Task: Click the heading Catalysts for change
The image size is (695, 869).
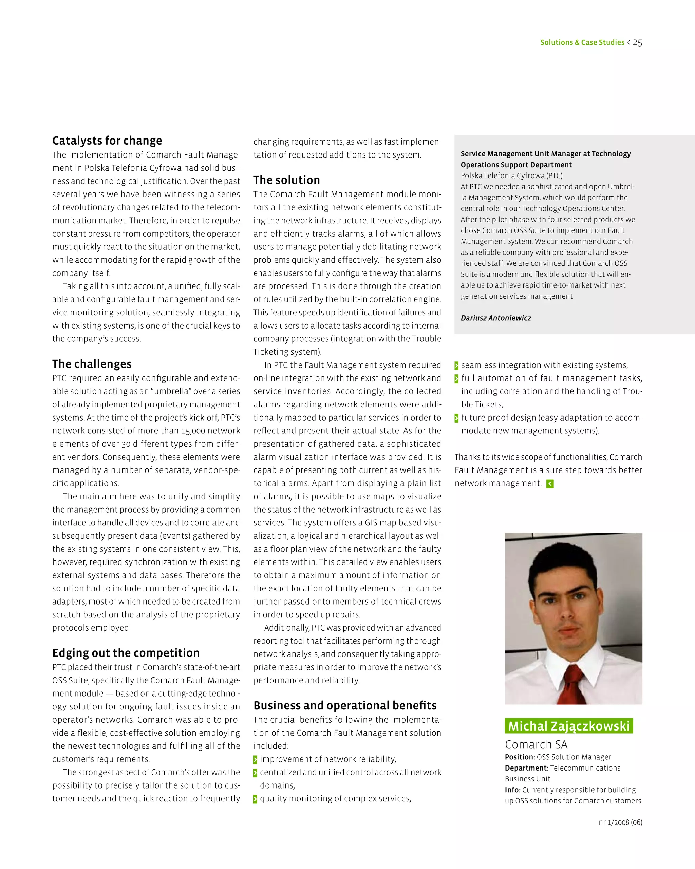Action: coord(107,141)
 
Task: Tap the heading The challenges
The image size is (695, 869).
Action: coord(92,364)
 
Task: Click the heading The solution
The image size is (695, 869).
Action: coord(286,180)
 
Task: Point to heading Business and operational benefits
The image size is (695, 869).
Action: coord(345,705)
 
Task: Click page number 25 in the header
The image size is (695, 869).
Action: coord(637,43)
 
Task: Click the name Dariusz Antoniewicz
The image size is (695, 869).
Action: coord(495,318)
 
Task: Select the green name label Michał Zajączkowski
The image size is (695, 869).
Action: coord(568,726)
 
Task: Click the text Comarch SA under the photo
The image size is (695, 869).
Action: coord(536,744)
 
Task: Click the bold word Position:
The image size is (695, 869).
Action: coord(520,757)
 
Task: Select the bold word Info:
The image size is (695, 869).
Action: coord(512,790)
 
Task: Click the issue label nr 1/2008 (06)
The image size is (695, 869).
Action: coord(620,822)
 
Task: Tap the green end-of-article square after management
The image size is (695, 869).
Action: coord(550,484)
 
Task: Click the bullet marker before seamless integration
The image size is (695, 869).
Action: coord(456,366)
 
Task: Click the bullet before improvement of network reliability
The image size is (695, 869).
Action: coord(255,760)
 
